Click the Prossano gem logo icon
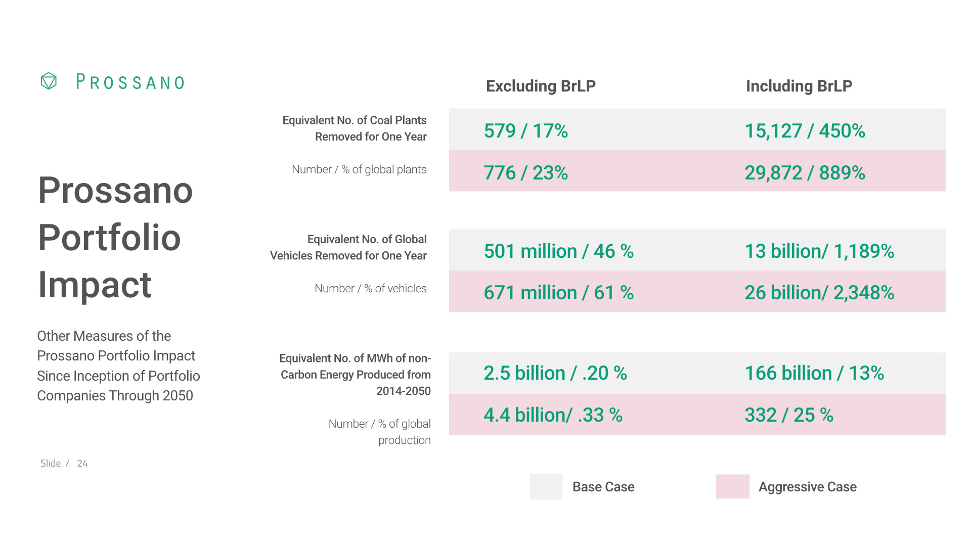tap(49, 81)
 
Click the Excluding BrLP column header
tap(541, 86)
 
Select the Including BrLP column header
tap(799, 86)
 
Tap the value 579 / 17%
tap(526, 131)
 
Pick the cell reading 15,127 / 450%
tap(805, 131)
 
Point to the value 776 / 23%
tap(526, 173)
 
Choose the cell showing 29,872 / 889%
tap(805, 173)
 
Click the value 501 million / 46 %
tap(559, 251)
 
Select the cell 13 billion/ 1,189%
tap(819, 251)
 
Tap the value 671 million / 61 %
tap(559, 293)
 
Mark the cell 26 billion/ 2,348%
tap(819, 293)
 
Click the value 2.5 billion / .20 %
tap(555, 373)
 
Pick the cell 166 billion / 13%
tap(814, 373)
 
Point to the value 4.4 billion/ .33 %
tap(553, 415)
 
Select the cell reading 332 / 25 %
tap(789, 415)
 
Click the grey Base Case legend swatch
tap(546, 486)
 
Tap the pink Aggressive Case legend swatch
tap(732, 486)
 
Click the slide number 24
tap(82, 464)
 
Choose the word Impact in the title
tap(95, 285)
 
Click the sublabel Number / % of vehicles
tap(370, 288)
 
